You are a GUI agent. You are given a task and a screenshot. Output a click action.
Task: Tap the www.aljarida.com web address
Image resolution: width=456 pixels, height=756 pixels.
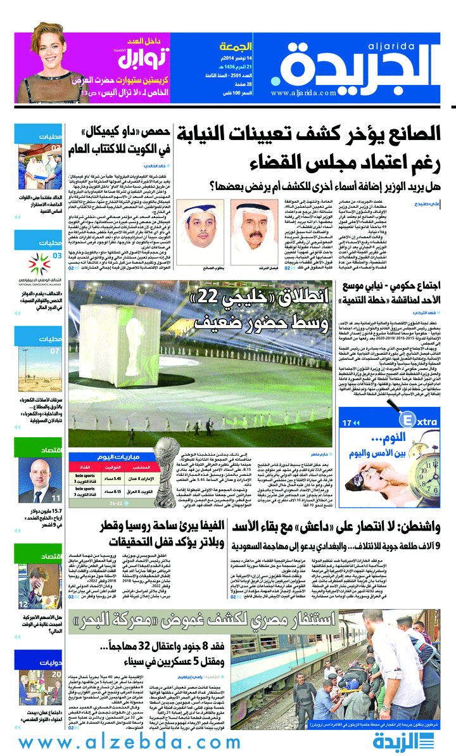click(x=303, y=93)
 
